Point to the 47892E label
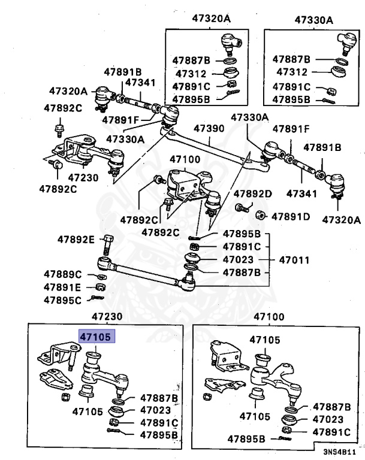click(76, 240)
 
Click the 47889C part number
click(62, 274)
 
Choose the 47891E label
click(62, 287)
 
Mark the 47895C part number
click(62, 300)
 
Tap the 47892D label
click(253, 193)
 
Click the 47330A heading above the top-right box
click(314, 20)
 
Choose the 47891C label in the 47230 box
click(159, 422)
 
